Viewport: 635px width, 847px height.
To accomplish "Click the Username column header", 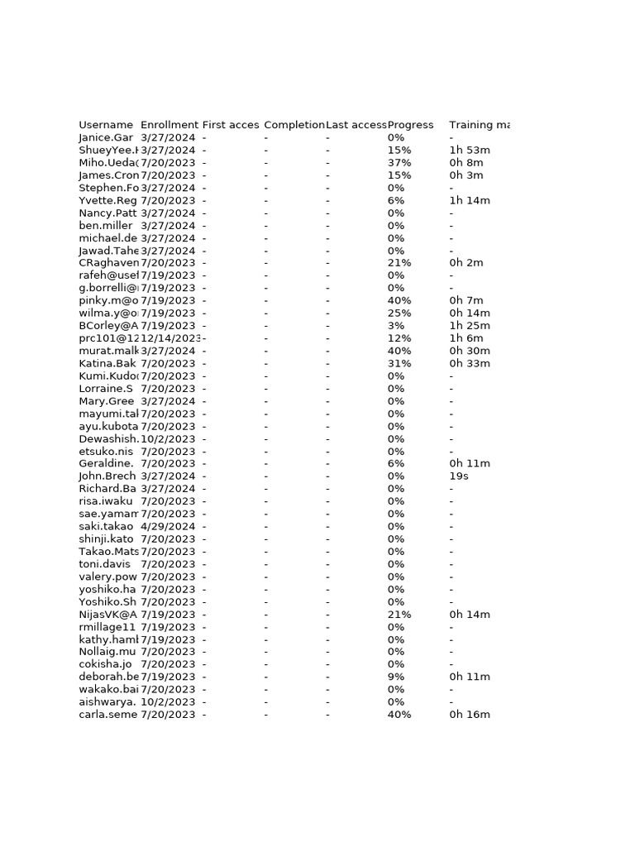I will click(106, 125).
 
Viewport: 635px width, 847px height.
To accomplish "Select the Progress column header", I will click(410, 125).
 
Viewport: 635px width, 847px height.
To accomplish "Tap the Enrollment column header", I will click(169, 125).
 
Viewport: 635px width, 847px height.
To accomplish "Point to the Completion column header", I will click(294, 125).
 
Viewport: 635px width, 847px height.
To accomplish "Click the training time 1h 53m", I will click(470, 151).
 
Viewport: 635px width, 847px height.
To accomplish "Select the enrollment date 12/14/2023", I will click(171, 338).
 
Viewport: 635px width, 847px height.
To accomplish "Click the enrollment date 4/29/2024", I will click(168, 526).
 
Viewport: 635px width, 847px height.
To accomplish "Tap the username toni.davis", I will click(104, 564).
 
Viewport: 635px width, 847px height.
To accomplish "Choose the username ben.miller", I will click(106, 226).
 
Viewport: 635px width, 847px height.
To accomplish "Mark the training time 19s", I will click(459, 476).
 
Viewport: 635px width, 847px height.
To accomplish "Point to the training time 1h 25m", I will click(470, 326).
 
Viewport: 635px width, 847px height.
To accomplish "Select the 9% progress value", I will click(396, 677).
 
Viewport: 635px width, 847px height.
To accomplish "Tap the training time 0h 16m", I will click(470, 715).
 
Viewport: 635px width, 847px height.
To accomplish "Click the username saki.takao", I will click(106, 526).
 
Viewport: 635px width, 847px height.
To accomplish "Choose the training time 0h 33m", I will click(470, 363).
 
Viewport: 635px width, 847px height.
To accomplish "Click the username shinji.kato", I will click(106, 539).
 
